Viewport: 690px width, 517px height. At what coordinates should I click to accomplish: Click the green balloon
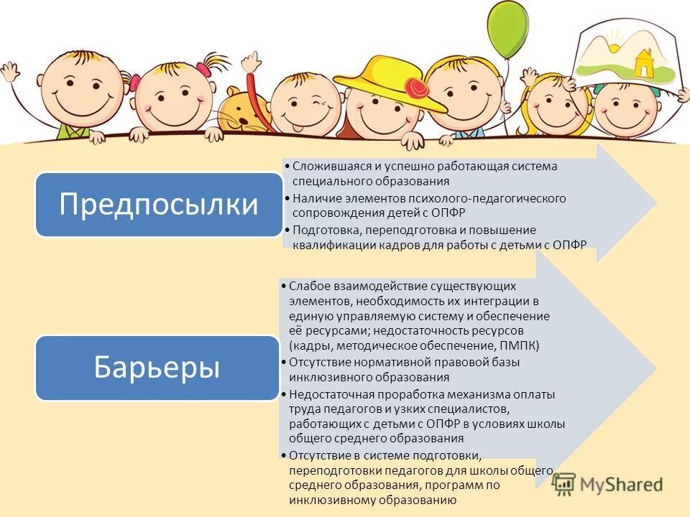click(508, 31)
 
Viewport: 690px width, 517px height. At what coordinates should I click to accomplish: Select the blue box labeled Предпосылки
click(159, 204)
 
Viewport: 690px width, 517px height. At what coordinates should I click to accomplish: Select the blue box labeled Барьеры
click(157, 368)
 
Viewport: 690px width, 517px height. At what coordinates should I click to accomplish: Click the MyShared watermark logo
click(607, 484)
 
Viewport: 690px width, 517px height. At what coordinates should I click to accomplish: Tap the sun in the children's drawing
click(615, 47)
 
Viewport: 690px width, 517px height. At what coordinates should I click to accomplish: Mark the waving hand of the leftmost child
click(9, 72)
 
